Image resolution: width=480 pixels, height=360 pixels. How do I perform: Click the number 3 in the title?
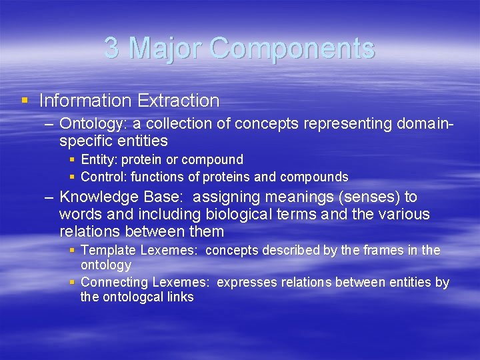[x=113, y=48]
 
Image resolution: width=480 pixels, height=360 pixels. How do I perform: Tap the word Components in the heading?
[x=292, y=48]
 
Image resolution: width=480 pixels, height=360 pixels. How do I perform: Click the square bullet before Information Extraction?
[x=25, y=101]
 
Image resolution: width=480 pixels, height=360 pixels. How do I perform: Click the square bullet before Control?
[x=72, y=177]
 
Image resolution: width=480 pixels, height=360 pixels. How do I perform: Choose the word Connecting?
[x=112, y=283]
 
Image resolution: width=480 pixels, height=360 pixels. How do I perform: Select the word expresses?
[x=246, y=283]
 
